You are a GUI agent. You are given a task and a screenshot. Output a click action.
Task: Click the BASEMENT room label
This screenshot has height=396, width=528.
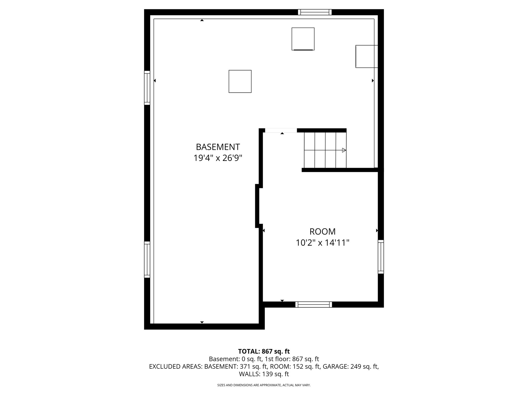[218, 147]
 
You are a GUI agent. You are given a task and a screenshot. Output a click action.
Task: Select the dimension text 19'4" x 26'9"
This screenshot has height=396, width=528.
[218, 158]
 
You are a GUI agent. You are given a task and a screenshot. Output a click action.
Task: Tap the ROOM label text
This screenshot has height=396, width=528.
[323, 232]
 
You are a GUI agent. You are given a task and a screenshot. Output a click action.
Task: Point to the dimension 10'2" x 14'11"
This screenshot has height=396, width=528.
[323, 243]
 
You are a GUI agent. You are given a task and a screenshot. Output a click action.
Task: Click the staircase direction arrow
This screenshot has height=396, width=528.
[344, 150]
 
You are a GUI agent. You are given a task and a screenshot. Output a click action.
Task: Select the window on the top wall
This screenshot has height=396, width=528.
[315, 12]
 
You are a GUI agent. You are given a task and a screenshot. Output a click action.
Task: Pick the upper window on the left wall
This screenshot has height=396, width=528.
[147, 88]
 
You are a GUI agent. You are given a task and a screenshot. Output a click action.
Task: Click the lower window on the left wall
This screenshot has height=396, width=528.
[147, 260]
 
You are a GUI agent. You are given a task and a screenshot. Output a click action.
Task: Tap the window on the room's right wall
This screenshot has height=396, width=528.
[381, 257]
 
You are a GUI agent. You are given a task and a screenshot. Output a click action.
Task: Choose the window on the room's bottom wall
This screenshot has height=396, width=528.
[313, 304]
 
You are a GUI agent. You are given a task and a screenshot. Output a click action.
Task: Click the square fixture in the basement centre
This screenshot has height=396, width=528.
[240, 81]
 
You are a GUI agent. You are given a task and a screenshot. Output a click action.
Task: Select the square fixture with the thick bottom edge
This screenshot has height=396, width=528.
[303, 39]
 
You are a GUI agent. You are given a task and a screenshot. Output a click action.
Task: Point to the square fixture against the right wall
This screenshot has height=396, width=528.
[367, 56]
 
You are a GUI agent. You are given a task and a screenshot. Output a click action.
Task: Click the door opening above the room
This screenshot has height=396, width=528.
[281, 130]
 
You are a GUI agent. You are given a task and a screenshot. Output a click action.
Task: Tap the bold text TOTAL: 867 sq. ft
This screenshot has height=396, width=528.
[264, 351]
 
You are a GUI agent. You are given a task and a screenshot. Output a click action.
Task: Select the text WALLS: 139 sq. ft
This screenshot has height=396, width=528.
[264, 374]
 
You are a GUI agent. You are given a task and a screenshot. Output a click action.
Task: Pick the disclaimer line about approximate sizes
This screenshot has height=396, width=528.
[264, 385]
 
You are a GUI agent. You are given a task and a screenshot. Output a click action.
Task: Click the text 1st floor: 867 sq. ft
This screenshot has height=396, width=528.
[292, 359]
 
